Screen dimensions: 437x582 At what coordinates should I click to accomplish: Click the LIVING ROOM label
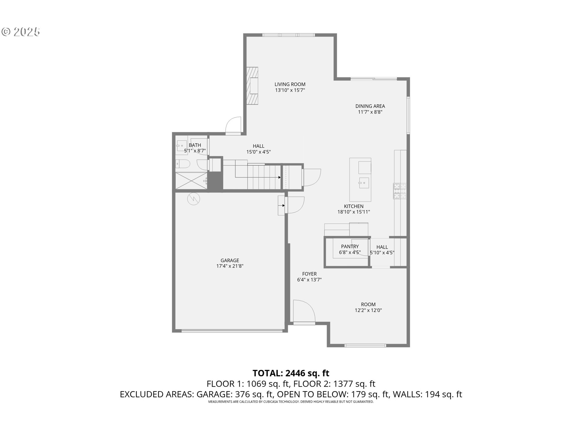tap(290, 84)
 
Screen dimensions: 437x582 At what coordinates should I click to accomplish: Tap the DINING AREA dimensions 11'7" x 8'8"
tap(370, 112)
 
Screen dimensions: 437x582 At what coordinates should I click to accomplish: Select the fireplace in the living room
tap(252, 86)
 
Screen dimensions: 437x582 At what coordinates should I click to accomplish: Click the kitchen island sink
tap(363, 183)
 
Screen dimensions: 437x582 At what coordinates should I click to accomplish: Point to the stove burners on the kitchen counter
tap(400, 191)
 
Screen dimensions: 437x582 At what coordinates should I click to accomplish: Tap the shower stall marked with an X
tap(191, 181)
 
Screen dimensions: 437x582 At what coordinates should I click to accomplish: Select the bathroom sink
tap(182, 146)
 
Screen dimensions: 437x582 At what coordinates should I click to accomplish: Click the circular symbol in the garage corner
tap(193, 199)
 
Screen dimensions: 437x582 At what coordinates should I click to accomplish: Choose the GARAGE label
tap(229, 260)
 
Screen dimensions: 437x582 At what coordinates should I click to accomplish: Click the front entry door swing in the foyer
tap(304, 311)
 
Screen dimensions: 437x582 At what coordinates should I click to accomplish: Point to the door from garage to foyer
tap(296, 205)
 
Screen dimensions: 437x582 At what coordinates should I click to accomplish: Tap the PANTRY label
tap(350, 246)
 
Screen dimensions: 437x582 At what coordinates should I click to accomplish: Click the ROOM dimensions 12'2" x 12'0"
tap(368, 310)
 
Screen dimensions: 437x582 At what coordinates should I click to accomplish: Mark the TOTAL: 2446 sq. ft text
tap(291, 373)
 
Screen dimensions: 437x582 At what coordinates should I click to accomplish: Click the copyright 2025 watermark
tap(21, 32)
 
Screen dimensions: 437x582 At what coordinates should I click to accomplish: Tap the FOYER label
tap(309, 274)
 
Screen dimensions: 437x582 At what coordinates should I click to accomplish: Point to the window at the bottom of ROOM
tap(365, 345)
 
